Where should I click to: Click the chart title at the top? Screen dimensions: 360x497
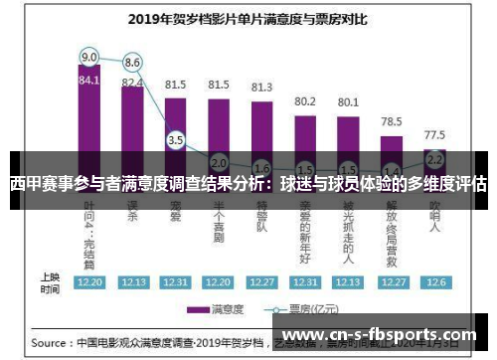click(x=248, y=18)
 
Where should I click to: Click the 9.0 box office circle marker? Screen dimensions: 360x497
click(x=89, y=56)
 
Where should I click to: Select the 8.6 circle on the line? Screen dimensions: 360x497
click(x=132, y=63)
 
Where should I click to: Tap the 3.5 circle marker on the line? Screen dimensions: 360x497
click(x=176, y=140)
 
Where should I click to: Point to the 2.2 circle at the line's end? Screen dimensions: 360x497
click(x=434, y=157)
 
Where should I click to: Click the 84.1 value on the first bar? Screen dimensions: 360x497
click(x=89, y=81)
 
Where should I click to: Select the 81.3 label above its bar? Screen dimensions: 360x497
click(x=262, y=88)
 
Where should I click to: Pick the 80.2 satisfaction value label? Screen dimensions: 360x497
click(x=305, y=101)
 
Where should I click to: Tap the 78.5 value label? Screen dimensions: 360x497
click(x=392, y=121)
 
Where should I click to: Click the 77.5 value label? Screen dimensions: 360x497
click(x=434, y=134)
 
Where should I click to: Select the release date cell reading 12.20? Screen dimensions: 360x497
click(x=89, y=281)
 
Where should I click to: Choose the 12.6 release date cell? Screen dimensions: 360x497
click(x=434, y=281)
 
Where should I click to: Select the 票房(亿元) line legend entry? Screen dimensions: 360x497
click(x=303, y=309)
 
